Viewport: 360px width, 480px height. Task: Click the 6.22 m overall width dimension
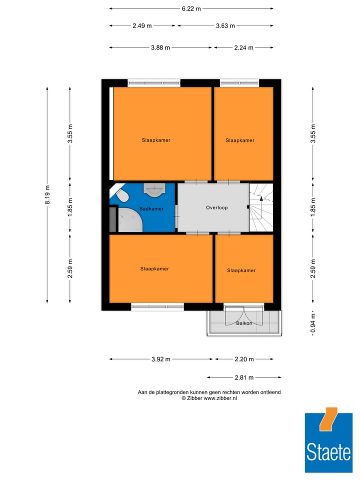tap(191, 8)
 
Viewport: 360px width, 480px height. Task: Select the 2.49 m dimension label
tap(142, 26)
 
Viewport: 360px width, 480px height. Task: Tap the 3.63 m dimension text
tap(225, 26)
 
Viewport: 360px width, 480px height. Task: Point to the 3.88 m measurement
tap(160, 47)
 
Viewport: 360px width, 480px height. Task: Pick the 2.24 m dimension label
tap(243, 47)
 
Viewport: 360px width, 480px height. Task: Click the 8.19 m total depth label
tap(47, 194)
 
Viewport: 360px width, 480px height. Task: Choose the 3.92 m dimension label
tap(160, 359)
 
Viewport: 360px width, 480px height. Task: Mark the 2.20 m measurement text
tap(244, 359)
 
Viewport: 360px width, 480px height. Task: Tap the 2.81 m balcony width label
tap(244, 377)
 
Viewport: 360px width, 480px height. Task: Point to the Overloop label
tap(216, 207)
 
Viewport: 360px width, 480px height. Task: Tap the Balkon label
tap(244, 323)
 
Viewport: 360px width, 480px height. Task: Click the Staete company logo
tap(328, 440)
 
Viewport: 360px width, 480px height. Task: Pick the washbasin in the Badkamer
tap(154, 189)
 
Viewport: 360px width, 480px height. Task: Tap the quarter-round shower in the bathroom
tap(129, 220)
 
